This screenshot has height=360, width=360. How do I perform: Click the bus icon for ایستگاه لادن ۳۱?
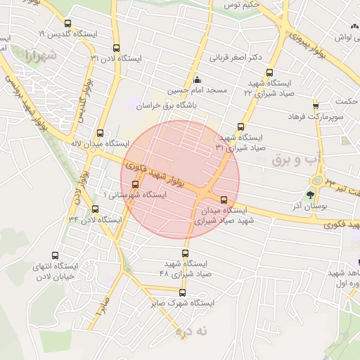click(x=116, y=49)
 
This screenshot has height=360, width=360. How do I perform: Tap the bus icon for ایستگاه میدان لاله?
click(x=100, y=132)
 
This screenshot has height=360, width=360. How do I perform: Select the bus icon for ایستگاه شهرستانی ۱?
click(x=135, y=184)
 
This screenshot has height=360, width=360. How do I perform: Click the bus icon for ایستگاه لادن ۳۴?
click(x=96, y=210)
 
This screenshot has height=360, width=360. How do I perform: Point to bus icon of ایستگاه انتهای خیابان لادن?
click(x=56, y=255)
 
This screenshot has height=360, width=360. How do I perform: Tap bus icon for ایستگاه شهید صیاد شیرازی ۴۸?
click(x=186, y=252)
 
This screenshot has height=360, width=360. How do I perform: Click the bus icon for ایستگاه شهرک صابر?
click(x=182, y=292)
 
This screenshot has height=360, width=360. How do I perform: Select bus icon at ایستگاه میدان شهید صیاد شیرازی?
click(x=224, y=200)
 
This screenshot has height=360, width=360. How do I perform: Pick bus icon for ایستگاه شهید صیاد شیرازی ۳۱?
click(x=241, y=127)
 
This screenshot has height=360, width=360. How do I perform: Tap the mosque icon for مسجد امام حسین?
click(x=196, y=79)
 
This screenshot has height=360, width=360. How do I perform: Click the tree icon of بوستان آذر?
click(x=310, y=195)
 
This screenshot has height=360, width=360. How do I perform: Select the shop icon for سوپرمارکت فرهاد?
click(x=316, y=104)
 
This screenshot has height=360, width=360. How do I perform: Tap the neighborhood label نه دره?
click(x=184, y=329)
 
